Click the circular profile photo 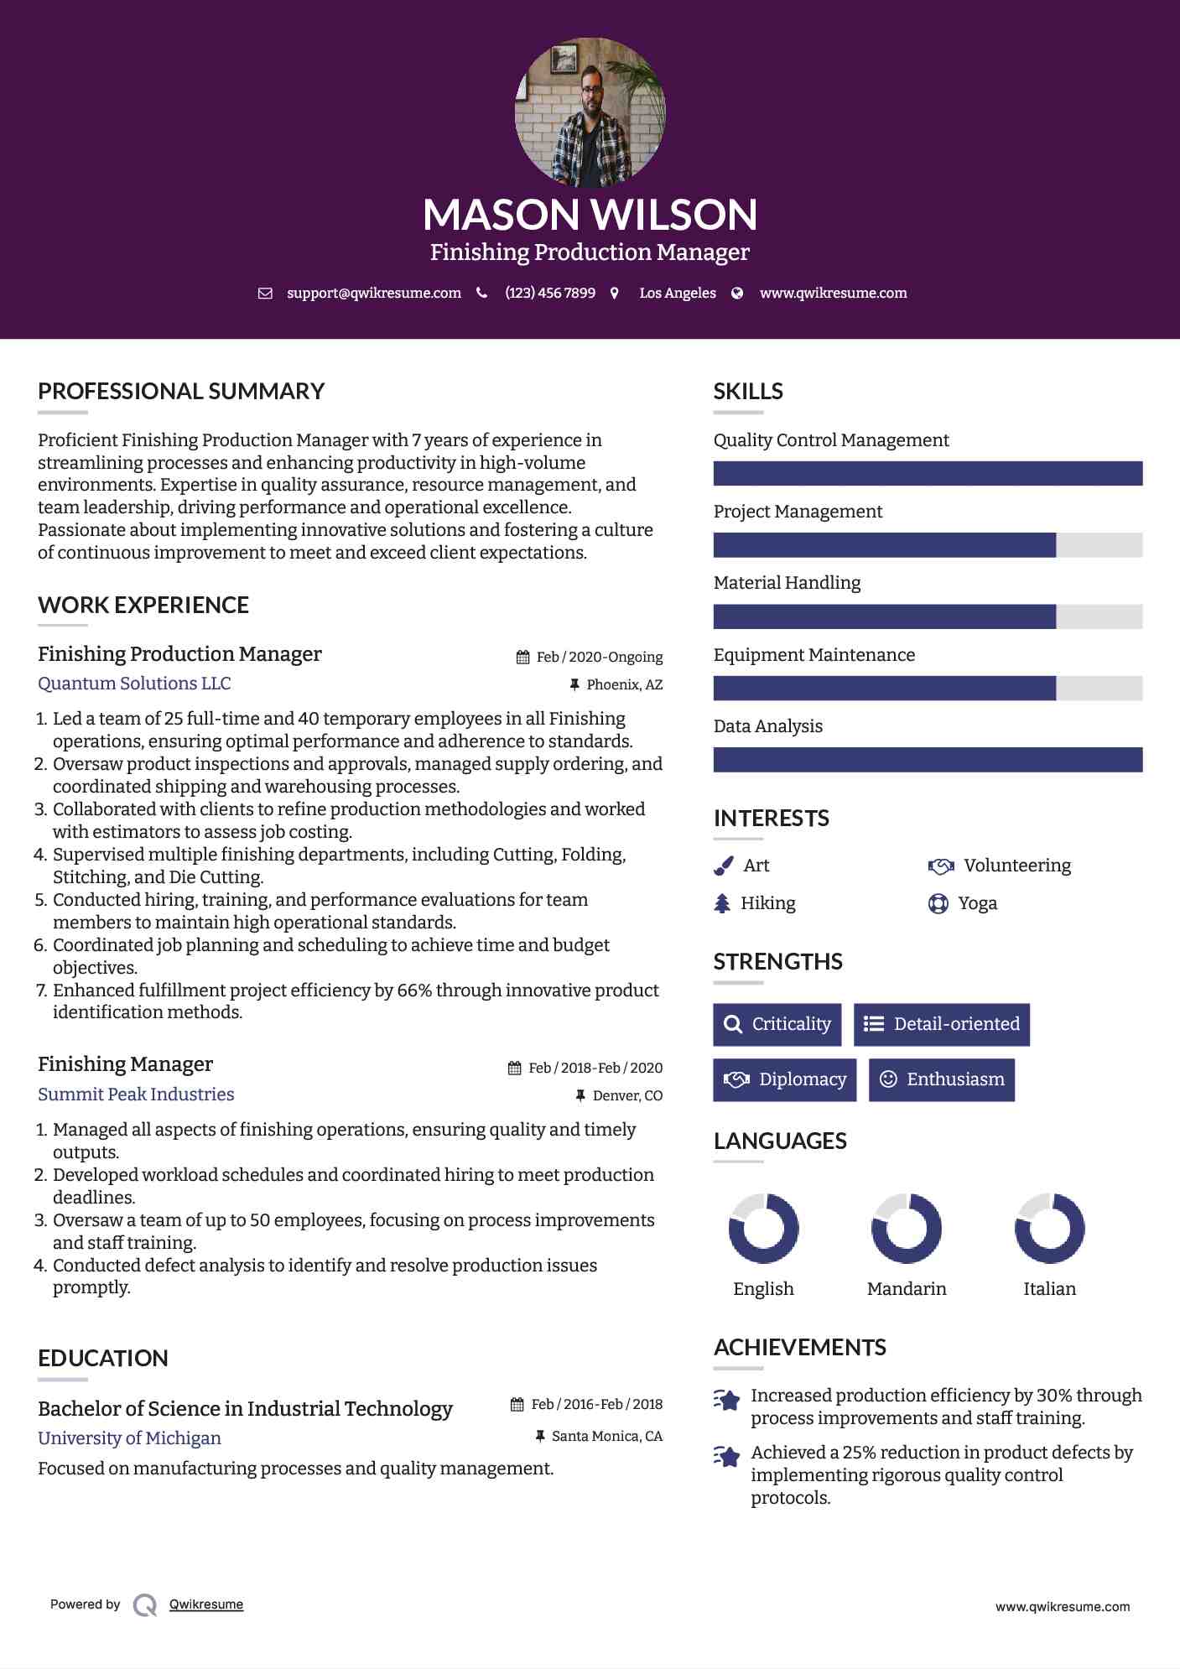tap(590, 112)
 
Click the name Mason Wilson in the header tap(590, 215)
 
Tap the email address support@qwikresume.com tap(373, 294)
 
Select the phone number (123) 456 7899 tap(550, 294)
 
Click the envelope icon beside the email tap(265, 294)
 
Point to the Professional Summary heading tap(181, 392)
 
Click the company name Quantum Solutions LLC tap(134, 684)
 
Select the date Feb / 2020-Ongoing tap(599, 657)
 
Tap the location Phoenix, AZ tap(624, 685)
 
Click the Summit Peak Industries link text tap(136, 1094)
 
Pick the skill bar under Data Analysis tap(928, 760)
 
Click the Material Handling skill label tap(787, 583)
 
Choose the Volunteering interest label tap(1016, 866)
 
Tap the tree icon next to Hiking tap(722, 903)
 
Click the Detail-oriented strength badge tap(941, 1024)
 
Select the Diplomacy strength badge tap(784, 1079)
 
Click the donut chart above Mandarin tap(907, 1229)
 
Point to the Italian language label tap(1049, 1289)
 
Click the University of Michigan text tap(129, 1438)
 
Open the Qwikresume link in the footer tap(206, 1604)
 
